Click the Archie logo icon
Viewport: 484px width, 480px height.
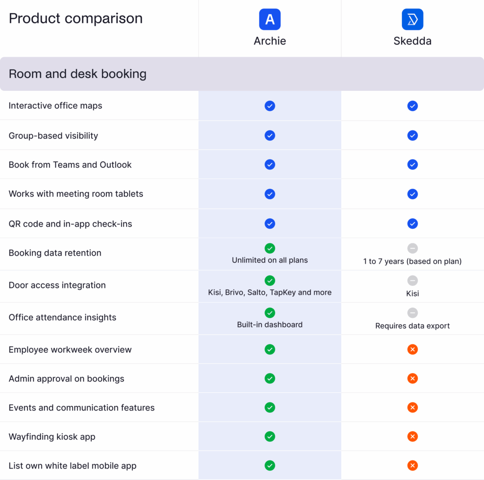pos(270,19)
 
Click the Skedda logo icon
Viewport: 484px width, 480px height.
pos(412,19)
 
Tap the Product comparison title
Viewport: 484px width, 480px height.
pos(76,18)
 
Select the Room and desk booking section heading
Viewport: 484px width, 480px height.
pos(78,74)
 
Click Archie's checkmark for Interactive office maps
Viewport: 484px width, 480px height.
pos(270,106)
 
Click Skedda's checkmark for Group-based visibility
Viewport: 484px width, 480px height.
pos(413,135)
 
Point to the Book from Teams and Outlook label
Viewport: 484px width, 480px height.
pos(70,165)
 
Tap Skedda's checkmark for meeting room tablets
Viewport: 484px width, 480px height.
pos(413,194)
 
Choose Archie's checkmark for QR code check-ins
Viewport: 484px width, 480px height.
pos(270,223)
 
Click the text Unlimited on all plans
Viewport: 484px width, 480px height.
pos(270,260)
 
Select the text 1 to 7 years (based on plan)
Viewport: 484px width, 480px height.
pos(412,261)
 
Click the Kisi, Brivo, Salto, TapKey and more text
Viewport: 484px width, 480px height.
pos(270,293)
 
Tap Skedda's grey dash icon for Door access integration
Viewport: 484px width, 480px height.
pos(413,280)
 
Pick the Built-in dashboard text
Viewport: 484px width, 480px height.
pos(270,325)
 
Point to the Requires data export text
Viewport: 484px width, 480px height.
pos(412,326)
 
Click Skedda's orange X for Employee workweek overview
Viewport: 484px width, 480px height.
pos(413,349)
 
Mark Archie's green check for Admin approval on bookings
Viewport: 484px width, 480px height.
pos(270,378)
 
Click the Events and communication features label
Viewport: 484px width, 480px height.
pos(81,408)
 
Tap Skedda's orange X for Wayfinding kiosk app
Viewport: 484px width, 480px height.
pos(413,436)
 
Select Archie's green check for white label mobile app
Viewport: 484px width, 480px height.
pos(270,466)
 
